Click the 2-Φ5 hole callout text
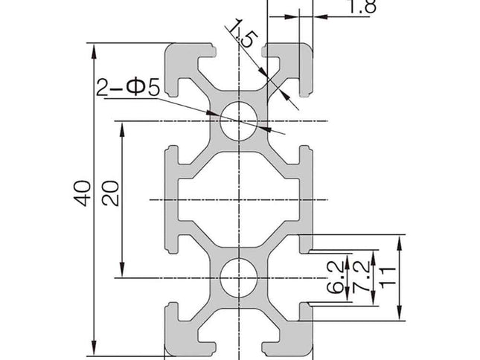coord(128,89)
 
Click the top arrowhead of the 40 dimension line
coord(94,49)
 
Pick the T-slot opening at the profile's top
coord(239,52)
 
